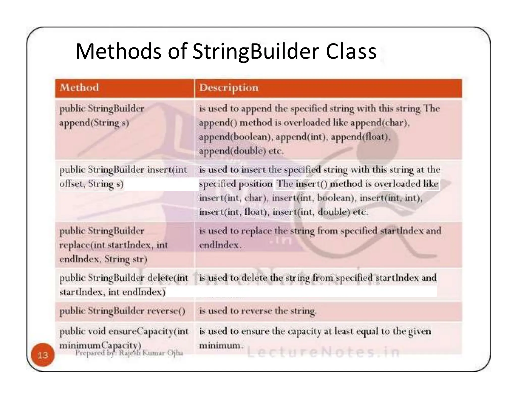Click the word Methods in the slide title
pos(118,51)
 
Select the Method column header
pos(79,88)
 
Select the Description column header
pos(229,88)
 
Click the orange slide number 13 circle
pos(43,355)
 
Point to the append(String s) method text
pos(94,123)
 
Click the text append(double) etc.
pos(241,151)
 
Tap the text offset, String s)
pos(91,184)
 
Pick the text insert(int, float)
pos(233,212)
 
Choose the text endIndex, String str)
pos(103,259)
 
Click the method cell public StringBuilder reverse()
pos(122,311)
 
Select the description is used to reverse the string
pos(257,311)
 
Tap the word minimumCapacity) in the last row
pos(100,345)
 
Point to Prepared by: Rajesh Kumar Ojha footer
pos(129,353)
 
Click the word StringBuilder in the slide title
pos(256,51)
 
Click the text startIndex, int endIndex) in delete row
pos(112,292)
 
